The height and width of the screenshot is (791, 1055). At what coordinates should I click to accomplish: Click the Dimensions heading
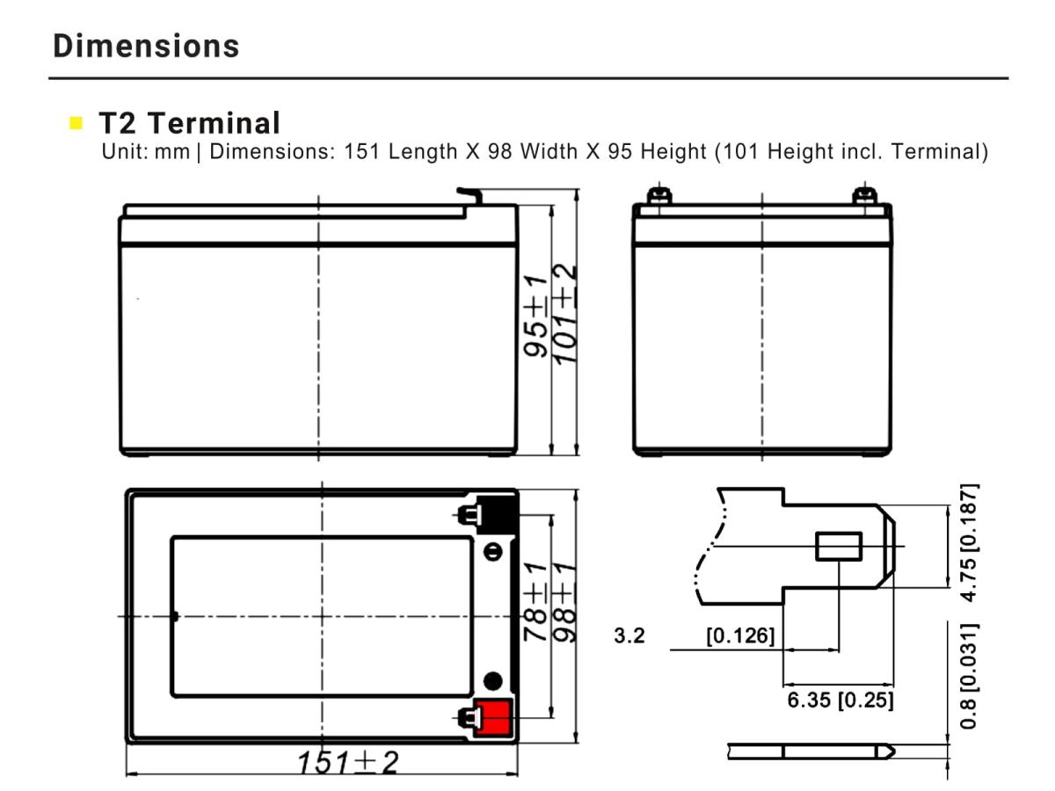[146, 46]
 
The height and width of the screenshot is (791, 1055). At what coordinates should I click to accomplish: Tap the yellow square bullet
[76, 123]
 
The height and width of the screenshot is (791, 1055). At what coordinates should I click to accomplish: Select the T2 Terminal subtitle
[189, 123]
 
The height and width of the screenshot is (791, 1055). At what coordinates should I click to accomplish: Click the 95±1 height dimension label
[535, 316]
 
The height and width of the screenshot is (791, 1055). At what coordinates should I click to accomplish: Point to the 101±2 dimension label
[564, 314]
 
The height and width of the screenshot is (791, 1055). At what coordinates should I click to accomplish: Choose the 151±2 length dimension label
[348, 762]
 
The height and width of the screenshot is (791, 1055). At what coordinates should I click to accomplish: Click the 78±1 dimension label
[535, 602]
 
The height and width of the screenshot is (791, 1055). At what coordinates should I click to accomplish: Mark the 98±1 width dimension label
[564, 602]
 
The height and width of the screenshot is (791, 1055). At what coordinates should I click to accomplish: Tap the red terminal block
[492, 717]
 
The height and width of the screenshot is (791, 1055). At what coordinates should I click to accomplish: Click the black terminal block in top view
[498, 515]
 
